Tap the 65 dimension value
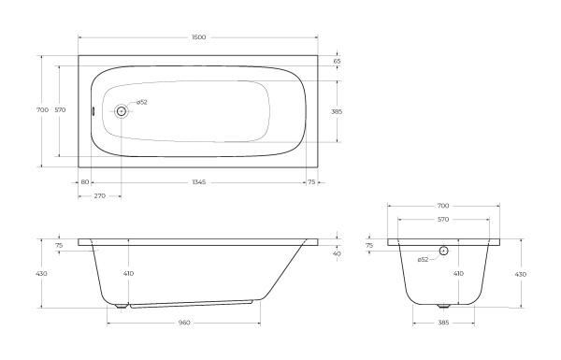coord(336,61)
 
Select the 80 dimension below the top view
coord(84,181)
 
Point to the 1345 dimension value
coord(198,181)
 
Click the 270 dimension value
coord(99,195)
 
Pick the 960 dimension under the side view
coord(184,323)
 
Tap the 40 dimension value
coord(337,253)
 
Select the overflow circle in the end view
coord(443,251)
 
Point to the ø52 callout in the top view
coord(142,102)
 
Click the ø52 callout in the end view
coord(424,259)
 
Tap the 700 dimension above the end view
coord(443,205)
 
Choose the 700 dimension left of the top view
coord(42,110)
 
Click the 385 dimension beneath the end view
coord(443,323)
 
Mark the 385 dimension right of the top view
coord(337,111)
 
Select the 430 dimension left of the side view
coord(42,273)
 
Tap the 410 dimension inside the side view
coord(128,273)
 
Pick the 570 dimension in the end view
coord(443,219)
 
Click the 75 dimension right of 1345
coord(310,181)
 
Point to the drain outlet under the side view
coord(122,305)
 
